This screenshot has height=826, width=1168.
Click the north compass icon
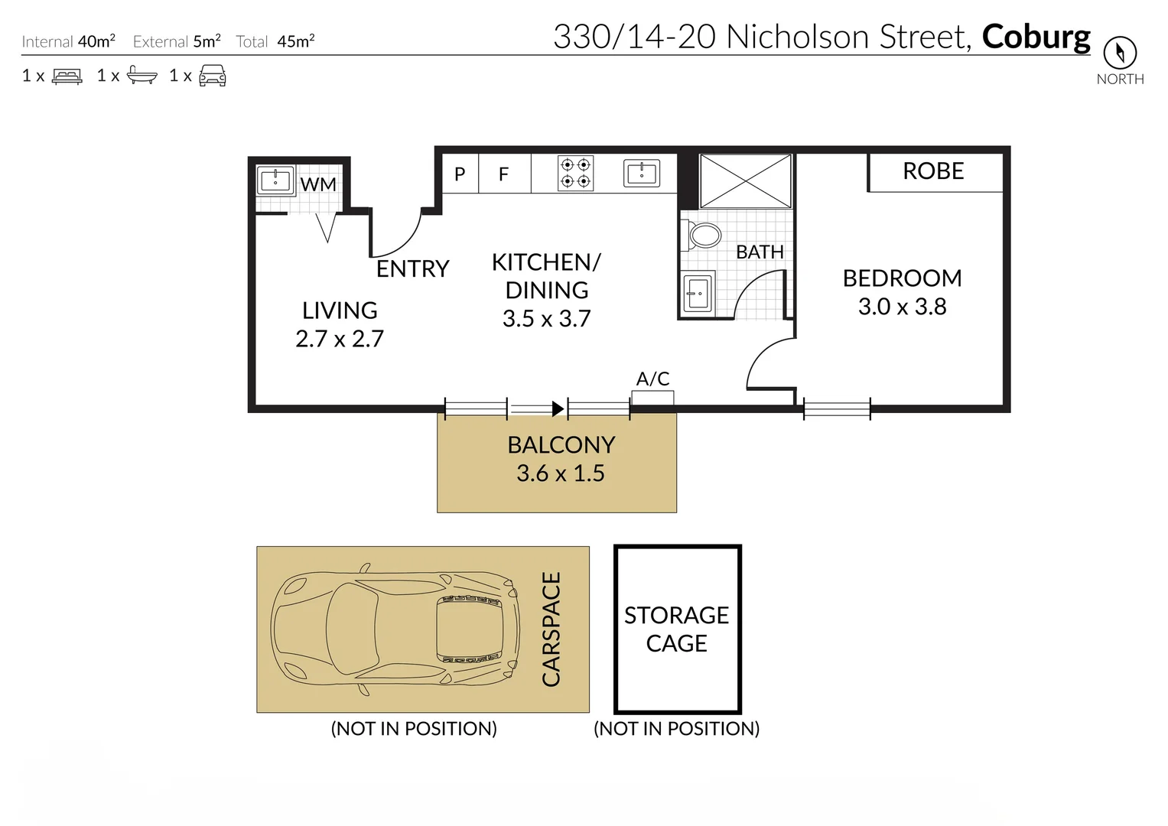pos(1120,53)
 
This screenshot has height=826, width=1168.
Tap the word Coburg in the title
pos(1036,37)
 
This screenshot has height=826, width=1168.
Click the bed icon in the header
pos(67,76)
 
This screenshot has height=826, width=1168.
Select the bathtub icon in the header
pos(142,75)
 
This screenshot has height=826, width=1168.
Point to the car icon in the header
pos(212,75)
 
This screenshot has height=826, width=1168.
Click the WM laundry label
pos(317,184)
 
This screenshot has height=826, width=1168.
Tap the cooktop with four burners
pos(575,174)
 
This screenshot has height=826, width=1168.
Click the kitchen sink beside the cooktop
pos(642,174)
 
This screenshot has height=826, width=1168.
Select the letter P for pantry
pos(460,174)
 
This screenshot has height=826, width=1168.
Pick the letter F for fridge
pos(503,174)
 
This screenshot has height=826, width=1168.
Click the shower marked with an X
pos(745,180)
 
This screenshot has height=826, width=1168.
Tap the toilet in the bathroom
pos(703,235)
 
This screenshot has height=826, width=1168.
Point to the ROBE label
pos(933,171)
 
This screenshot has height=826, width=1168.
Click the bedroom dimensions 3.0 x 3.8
pos(902,307)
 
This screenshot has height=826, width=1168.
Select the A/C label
pos(652,379)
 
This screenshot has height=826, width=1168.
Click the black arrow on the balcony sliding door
pos(558,409)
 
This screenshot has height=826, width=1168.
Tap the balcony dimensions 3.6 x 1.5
pos(560,473)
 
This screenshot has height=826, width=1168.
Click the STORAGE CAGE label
pos(676,629)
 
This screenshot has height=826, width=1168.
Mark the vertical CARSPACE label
pos(551,629)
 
